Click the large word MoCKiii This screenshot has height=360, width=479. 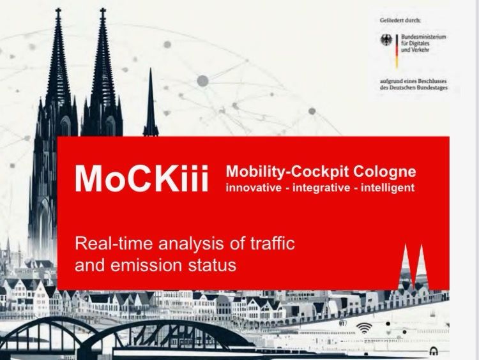[x=141, y=179]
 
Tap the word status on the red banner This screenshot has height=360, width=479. [x=214, y=264]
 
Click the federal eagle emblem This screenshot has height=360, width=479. [x=386, y=40]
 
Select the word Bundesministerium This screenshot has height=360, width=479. [x=423, y=37]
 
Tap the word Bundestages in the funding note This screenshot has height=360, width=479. [x=432, y=88]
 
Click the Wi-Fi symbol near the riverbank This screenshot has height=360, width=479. [x=364, y=329]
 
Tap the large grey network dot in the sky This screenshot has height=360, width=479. [x=202, y=80]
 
